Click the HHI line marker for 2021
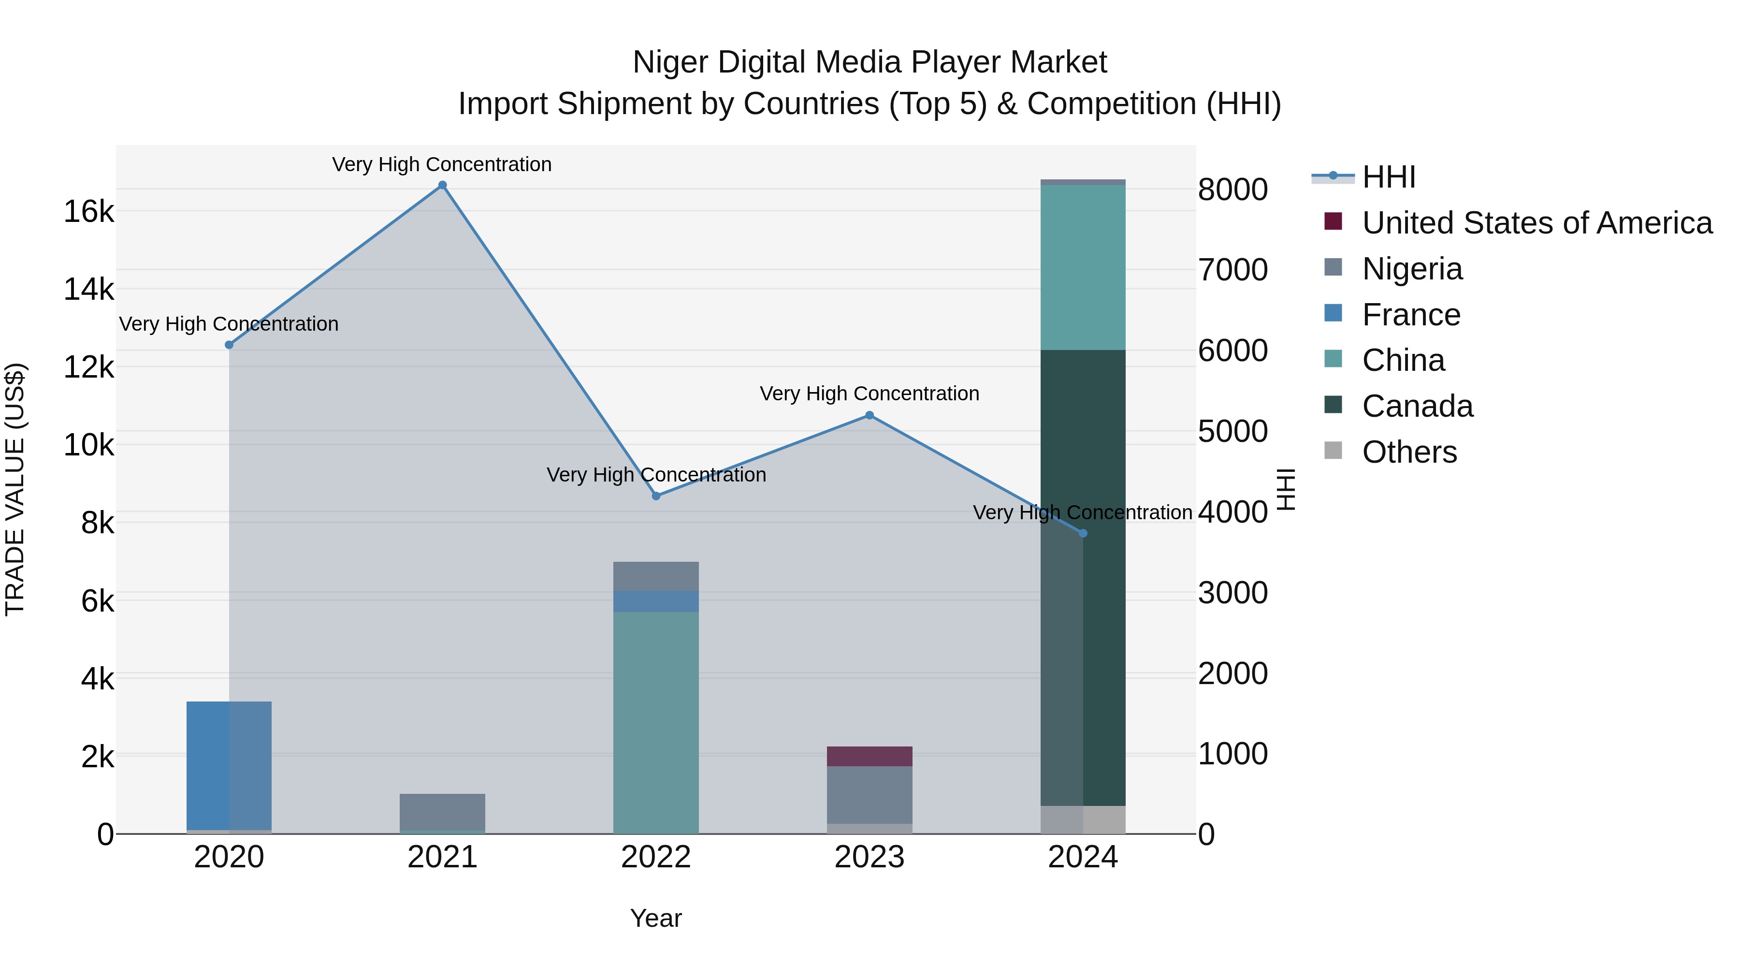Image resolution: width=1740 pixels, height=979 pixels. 442,185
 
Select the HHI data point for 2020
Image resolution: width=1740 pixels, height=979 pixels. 229,345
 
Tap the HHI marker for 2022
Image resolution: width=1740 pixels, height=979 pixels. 656,496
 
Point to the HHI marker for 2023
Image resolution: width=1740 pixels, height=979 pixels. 870,415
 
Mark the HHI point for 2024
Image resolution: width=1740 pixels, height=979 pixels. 1083,533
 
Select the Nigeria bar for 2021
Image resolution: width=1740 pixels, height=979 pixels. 442,811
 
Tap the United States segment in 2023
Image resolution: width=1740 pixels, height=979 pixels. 870,756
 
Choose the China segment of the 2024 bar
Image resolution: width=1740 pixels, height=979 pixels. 1083,267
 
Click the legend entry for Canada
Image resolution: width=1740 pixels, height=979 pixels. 1417,406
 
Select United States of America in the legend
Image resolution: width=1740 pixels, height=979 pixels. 1536,223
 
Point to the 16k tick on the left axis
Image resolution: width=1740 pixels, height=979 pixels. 88,211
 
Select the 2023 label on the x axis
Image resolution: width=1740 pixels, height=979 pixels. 870,857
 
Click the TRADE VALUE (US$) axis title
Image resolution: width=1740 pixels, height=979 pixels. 15,489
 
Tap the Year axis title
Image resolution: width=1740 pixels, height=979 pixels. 656,918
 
